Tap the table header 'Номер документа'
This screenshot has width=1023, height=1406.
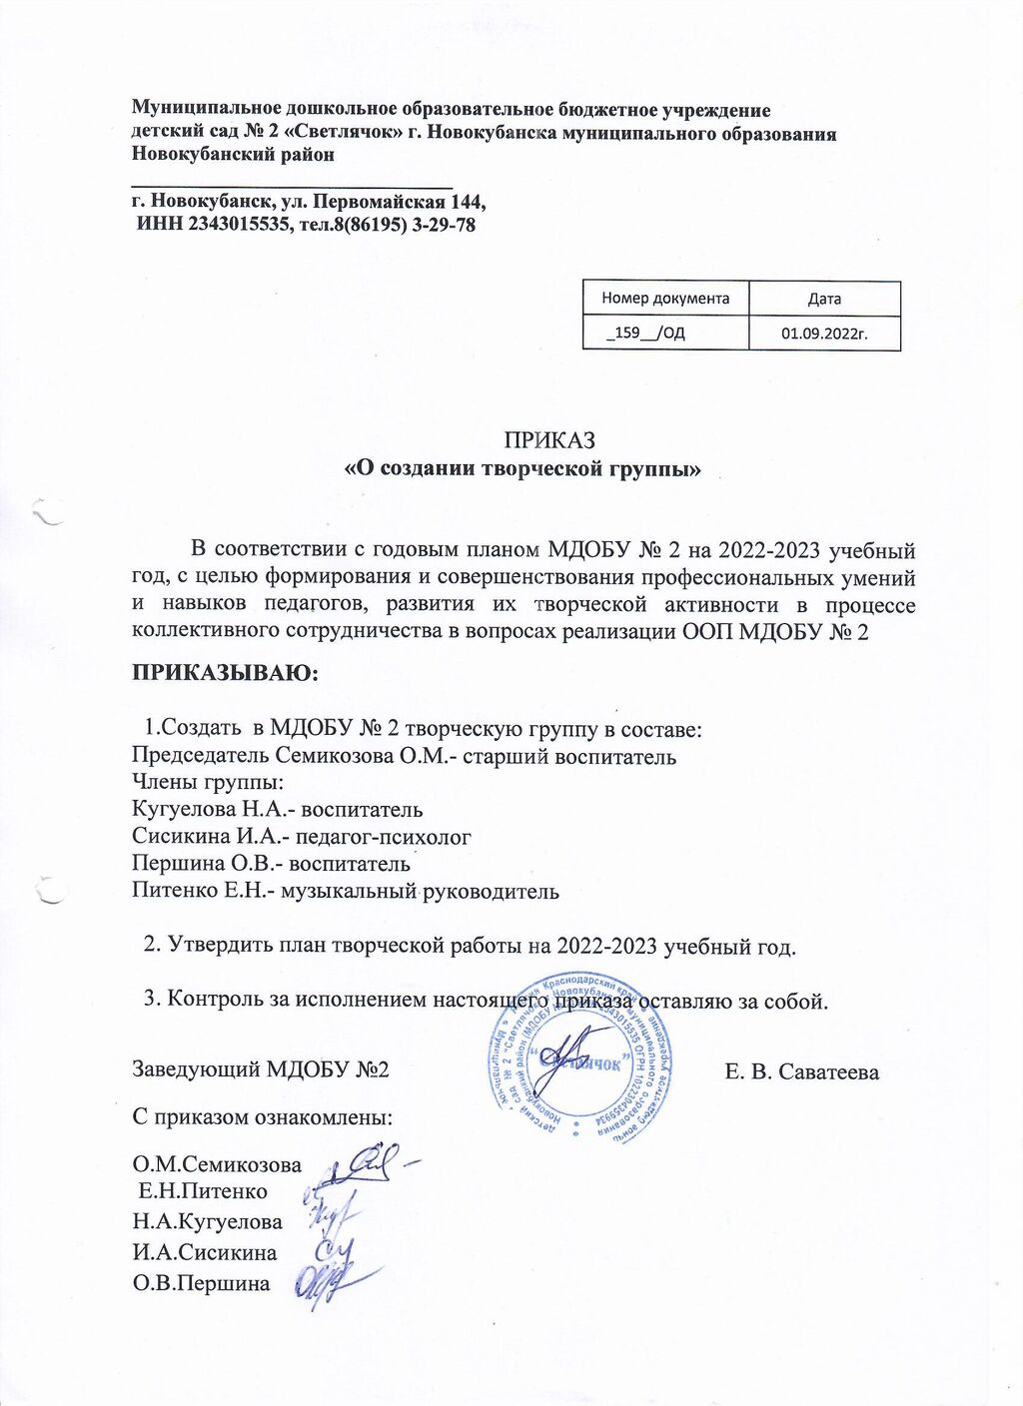(x=665, y=298)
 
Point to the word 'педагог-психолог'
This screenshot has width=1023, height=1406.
(x=386, y=836)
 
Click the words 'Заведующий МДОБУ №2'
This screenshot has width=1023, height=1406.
(x=261, y=1069)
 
